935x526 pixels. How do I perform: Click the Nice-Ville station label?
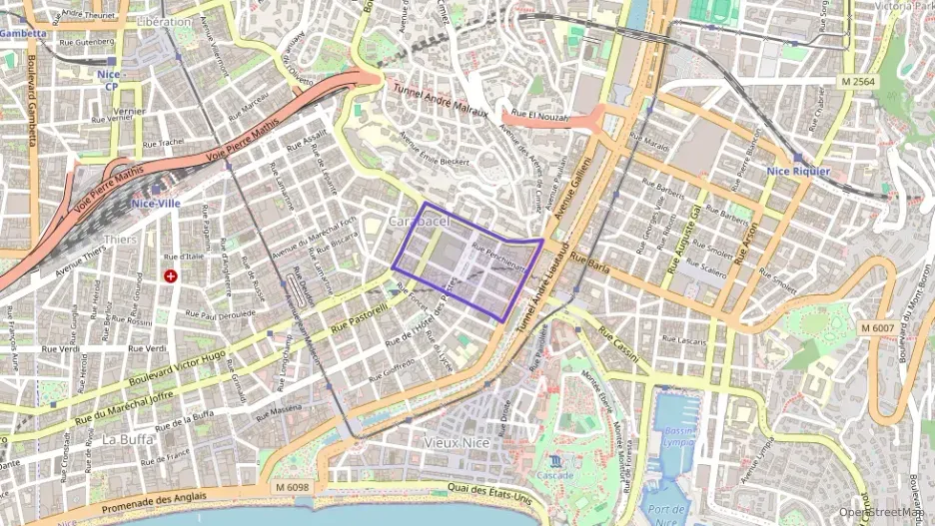point(155,204)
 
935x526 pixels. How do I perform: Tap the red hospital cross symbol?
point(171,275)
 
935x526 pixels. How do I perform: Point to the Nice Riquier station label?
point(798,171)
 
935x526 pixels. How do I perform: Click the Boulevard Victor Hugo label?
point(178,370)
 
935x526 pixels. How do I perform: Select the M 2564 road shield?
point(858,80)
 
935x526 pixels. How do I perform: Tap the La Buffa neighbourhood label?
point(127,438)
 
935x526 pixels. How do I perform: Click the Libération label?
point(164,21)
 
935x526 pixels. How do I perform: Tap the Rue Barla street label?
point(592,265)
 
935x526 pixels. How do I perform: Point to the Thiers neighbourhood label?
point(120,240)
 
